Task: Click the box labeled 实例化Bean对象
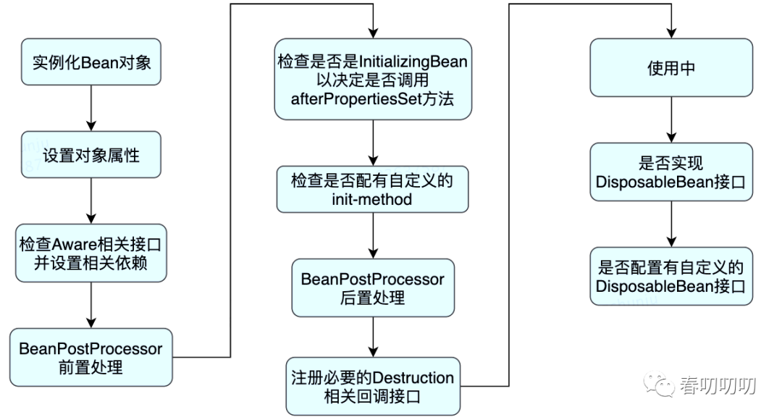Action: click(91, 62)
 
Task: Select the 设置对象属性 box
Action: click(91, 155)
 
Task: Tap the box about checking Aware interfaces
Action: click(91, 253)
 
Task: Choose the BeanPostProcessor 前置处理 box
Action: click(91, 357)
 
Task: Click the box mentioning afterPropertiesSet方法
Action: click(373, 80)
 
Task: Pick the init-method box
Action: click(373, 190)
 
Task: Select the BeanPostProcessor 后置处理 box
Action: click(373, 287)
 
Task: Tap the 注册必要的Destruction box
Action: click(373, 386)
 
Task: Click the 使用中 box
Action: click(671, 67)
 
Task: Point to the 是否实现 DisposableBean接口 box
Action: click(671, 172)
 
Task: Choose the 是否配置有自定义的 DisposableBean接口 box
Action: click(671, 277)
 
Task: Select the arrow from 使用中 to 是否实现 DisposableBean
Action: click(671, 119)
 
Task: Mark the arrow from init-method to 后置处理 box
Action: click(373, 235)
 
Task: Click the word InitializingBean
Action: click(413, 62)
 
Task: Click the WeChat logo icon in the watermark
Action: click(657, 385)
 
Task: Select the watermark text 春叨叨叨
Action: click(718, 385)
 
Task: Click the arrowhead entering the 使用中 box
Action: click(671, 33)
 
